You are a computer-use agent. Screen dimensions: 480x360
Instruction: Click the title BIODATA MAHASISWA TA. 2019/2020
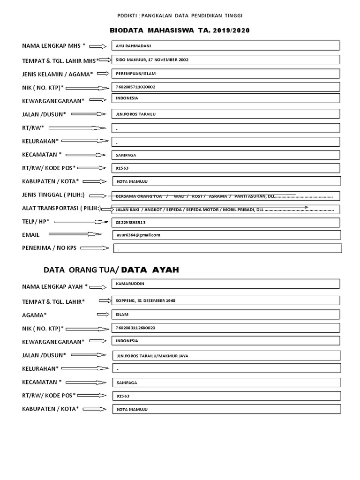(180, 30)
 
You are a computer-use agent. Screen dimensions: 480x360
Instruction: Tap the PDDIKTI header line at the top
(180, 15)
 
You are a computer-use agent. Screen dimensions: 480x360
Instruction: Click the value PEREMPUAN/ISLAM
(135, 74)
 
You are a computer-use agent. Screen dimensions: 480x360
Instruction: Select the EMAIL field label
(31, 235)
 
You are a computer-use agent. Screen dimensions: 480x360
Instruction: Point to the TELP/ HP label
(36, 221)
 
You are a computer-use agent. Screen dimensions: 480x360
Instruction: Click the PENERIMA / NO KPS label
(49, 247)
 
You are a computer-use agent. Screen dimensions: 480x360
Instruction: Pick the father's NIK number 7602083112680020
(135, 328)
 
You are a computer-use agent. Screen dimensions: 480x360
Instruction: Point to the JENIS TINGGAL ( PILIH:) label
(53, 195)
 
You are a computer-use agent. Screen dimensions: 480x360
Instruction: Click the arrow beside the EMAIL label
(75, 234)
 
